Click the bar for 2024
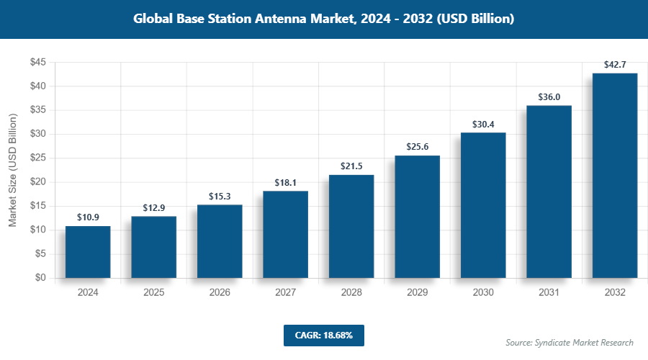pos(88,252)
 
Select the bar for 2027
pos(286,235)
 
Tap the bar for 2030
pos(483,205)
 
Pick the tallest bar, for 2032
pos(615,176)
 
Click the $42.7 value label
pos(615,65)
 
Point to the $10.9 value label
pos(88,217)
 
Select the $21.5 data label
pos(351,166)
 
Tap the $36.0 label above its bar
pos(549,97)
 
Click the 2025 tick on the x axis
pos(153,292)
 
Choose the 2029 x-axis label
pos(417,292)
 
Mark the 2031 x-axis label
pos(549,292)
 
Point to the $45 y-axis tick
pos(38,63)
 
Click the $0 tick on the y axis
pos(42,278)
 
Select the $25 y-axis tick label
pos(38,158)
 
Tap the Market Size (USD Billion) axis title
pos(13,170)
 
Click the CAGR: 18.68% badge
pos(323,335)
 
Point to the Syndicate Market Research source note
pos(569,342)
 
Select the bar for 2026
pos(220,241)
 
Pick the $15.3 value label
pos(220,196)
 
